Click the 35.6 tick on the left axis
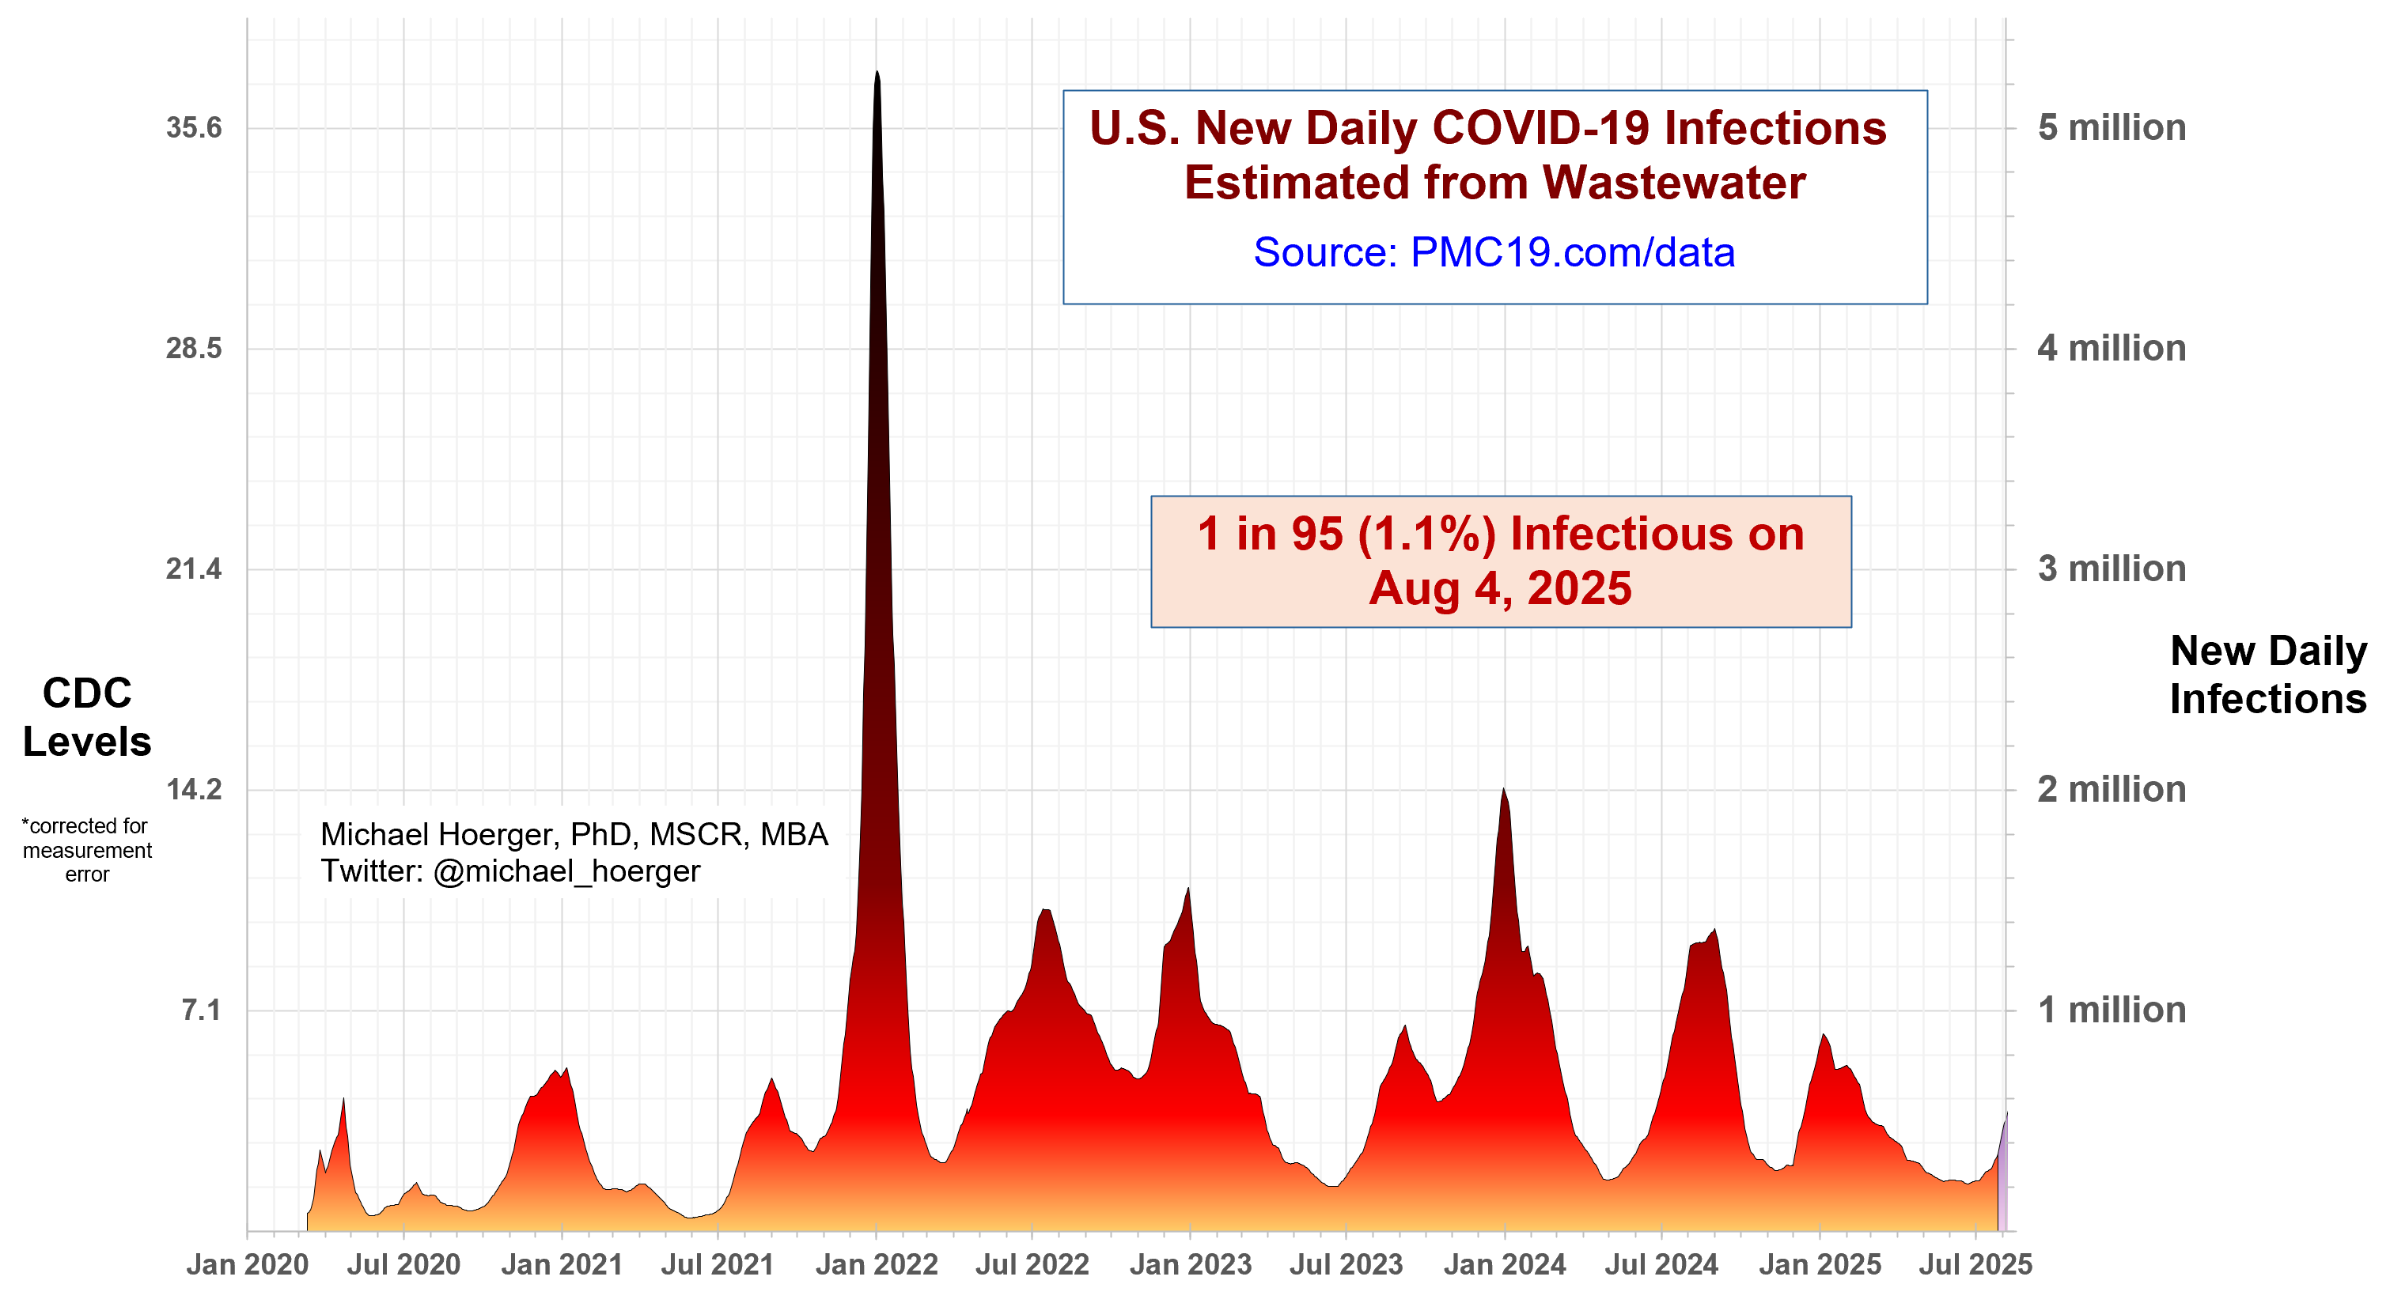[x=194, y=128]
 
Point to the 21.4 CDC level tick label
[x=194, y=568]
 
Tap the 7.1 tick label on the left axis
[x=201, y=1009]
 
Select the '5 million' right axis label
[x=2111, y=128]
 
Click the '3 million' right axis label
[x=2111, y=568]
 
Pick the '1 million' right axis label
[x=2111, y=1009]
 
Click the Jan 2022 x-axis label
[x=877, y=1264]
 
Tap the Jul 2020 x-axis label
[x=403, y=1264]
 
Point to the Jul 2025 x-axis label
[x=1975, y=1264]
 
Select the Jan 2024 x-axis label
[x=1504, y=1264]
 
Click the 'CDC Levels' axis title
[x=87, y=717]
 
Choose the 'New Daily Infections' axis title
[x=2267, y=674]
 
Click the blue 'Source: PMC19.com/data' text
[x=1494, y=252]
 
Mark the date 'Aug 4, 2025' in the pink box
[x=1500, y=588]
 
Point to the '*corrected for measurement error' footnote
[x=87, y=849]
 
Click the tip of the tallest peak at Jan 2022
[x=877, y=72]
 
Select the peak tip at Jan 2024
[x=1503, y=789]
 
